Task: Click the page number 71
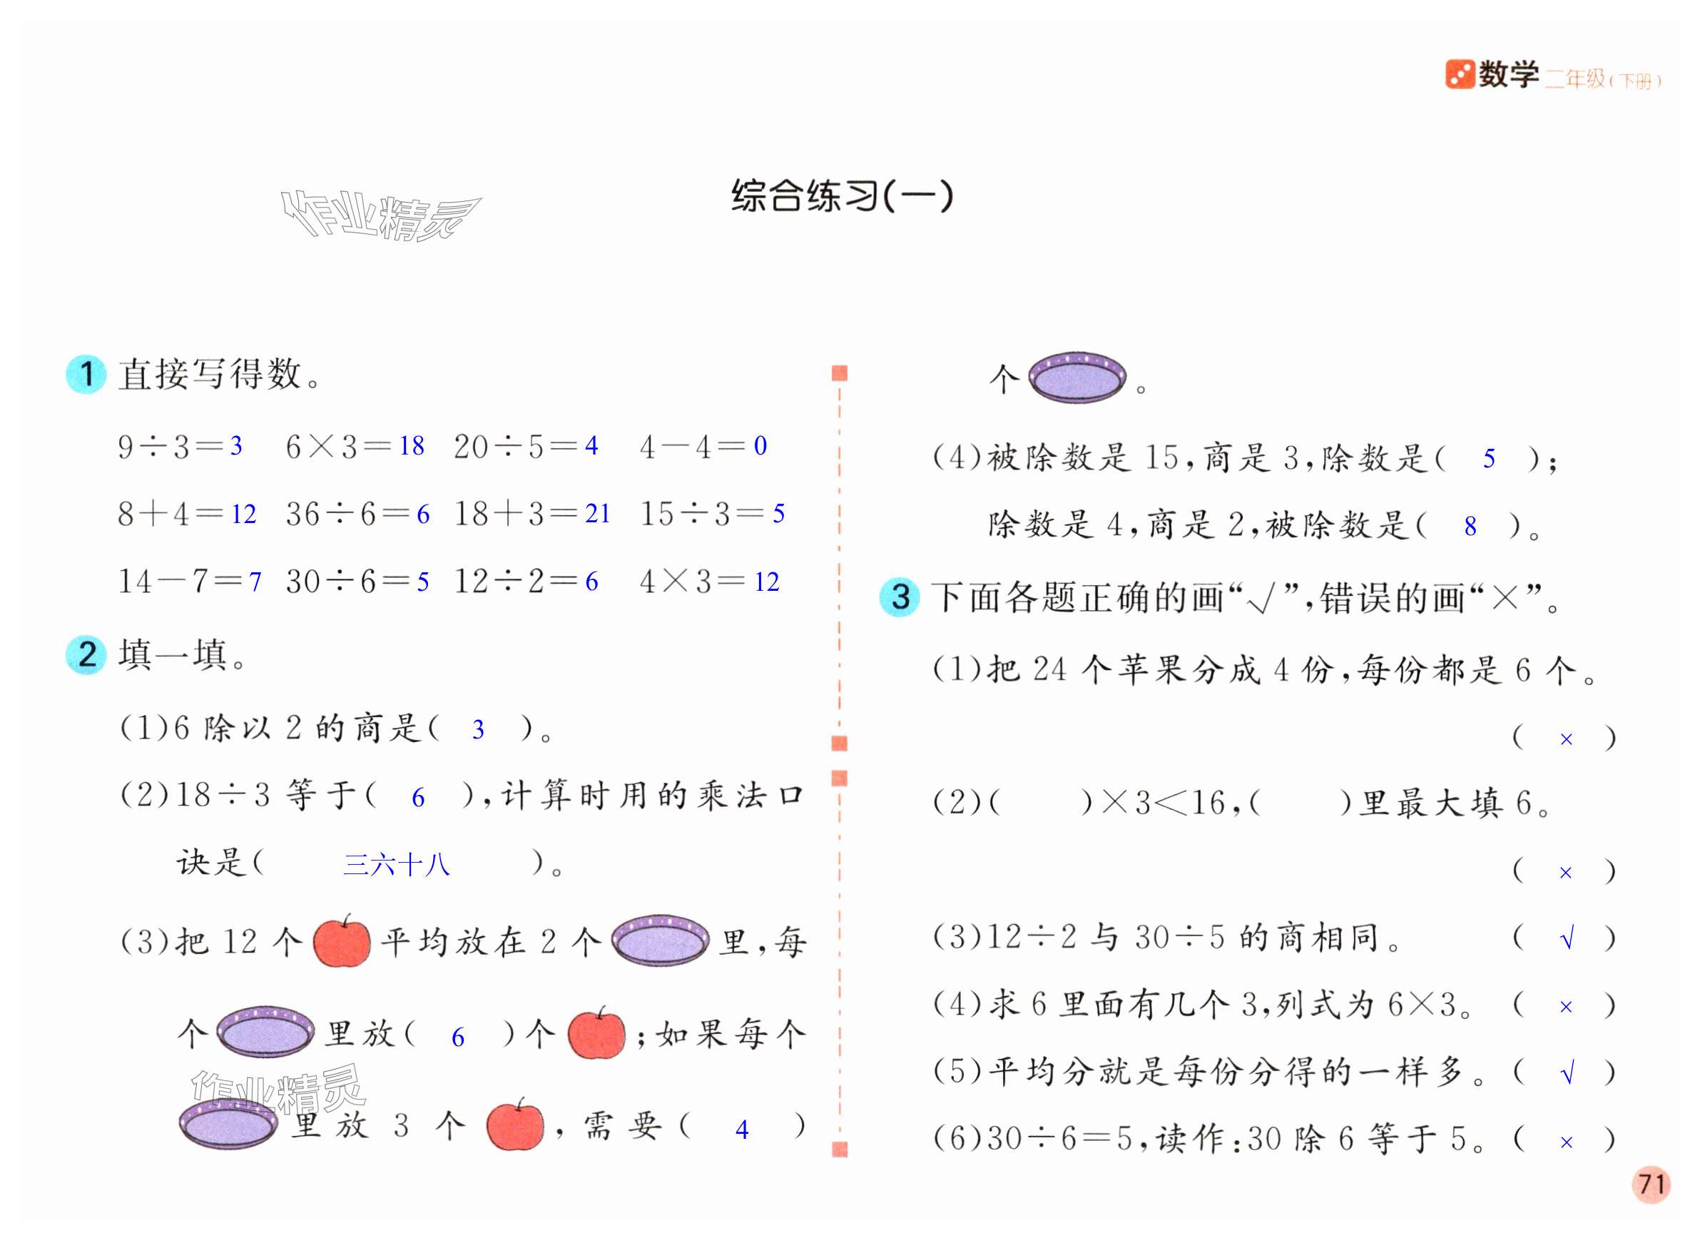click(x=1650, y=1184)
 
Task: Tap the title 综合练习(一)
click(x=842, y=196)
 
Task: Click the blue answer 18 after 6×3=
click(x=412, y=446)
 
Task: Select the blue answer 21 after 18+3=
click(x=597, y=514)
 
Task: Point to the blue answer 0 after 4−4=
click(x=760, y=446)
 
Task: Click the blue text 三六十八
click(x=397, y=865)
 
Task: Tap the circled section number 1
click(x=86, y=374)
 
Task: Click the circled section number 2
click(x=86, y=654)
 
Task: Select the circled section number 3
click(x=900, y=597)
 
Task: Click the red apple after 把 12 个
click(x=342, y=942)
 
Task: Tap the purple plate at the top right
click(x=1077, y=376)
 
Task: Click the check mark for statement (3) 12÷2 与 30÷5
click(x=1567, y=939)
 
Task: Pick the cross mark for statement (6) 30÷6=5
click(x=1566, y=1142)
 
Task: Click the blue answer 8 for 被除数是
click(x=1470, y=527)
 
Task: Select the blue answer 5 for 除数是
click(x=1489, y=459)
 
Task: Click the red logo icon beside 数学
click(x=1459, y=73)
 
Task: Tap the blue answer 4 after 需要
click(x=742, y=1130)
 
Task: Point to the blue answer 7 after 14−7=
click(x=255, y=582)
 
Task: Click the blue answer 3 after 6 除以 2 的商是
click(x=478, y=729)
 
